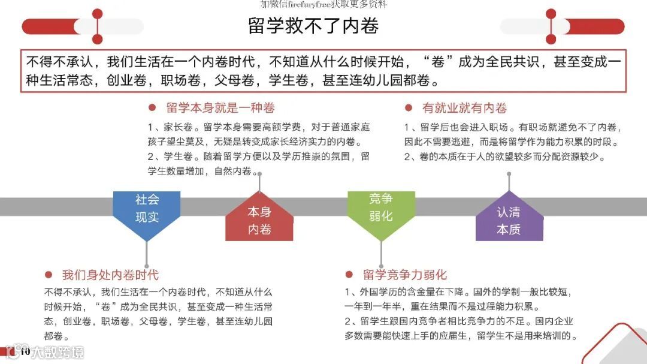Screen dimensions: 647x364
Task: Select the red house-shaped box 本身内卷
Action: pyautogui.click(x=259, y=220)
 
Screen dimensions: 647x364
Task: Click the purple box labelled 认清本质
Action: pyautogui.click(x=509, y=220)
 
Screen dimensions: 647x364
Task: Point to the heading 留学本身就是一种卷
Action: pyautogui.click(x=220, y=108)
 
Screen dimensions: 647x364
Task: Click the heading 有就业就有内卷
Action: pyautogui.click(x=464, y=108)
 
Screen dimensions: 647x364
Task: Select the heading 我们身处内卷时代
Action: pyautogui.click(x=110, y=275)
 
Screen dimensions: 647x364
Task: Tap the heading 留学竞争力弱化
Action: pyautogui.click(x=404, y=275)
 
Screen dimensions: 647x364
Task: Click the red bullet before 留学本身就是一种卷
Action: pyautogui.click(x=152, y=108)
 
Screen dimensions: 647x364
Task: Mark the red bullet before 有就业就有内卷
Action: pyautogui.click(x=409, y=108)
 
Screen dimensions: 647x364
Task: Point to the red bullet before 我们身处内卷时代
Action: pyautogui.click(x=49, y=275)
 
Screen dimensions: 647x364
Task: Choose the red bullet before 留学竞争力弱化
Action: pyautogui.click(x=349, y=275)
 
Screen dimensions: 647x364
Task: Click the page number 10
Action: pyautogui.click(x=25, y=351)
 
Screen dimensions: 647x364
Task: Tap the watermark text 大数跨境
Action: pyautogui.click(x=58, y=352)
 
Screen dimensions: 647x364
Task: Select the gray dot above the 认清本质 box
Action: pyautogui.click(x=509, y=175)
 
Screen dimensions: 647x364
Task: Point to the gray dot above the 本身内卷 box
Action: pyautogui.click(x=259, y=174)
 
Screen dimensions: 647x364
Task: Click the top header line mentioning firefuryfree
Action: pyautogui.click(x=323, y=4)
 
